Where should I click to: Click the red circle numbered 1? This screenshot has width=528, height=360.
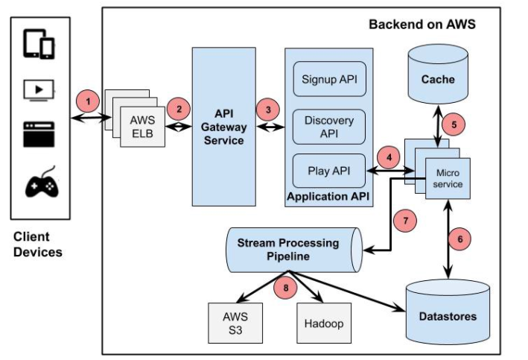pyautogui.click(x=88, y=100)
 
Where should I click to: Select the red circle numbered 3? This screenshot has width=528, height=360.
pyautogui.click(x=267, y=109)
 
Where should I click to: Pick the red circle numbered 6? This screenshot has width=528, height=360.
pyautogui.click(x=461, y=239)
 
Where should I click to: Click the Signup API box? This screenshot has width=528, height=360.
pyautogui.click(x=328, y=79)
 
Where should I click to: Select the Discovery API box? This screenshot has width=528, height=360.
pyautogui.click(x=328, y=126)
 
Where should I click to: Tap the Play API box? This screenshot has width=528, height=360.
pyautogui.click(x=328, y=171)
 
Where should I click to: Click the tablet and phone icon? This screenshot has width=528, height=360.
pyautogui.click(x=39, y=44)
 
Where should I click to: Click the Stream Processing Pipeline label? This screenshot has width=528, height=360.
pyautogui.click(x=287, y=249)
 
